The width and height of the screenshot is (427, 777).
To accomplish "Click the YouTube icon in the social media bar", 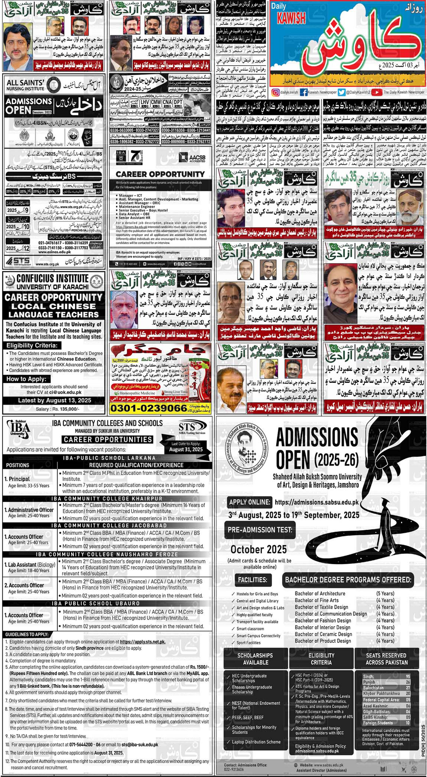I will pyautogui.click(x=376, y=92).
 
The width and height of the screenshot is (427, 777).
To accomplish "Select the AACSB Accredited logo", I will pyautogui.click(x=192, y=157).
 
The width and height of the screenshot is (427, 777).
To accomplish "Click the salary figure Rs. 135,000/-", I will pyautogui.click(x=64, y=409).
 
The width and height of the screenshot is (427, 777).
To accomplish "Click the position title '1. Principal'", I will pyautogui.click(x=17, y=479).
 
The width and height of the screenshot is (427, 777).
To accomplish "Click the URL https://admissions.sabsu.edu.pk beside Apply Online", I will pyautogui.click(x=316, y=502).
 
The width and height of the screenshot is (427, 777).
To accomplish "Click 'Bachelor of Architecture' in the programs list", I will pyautogui.click(x=320, y=593).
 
